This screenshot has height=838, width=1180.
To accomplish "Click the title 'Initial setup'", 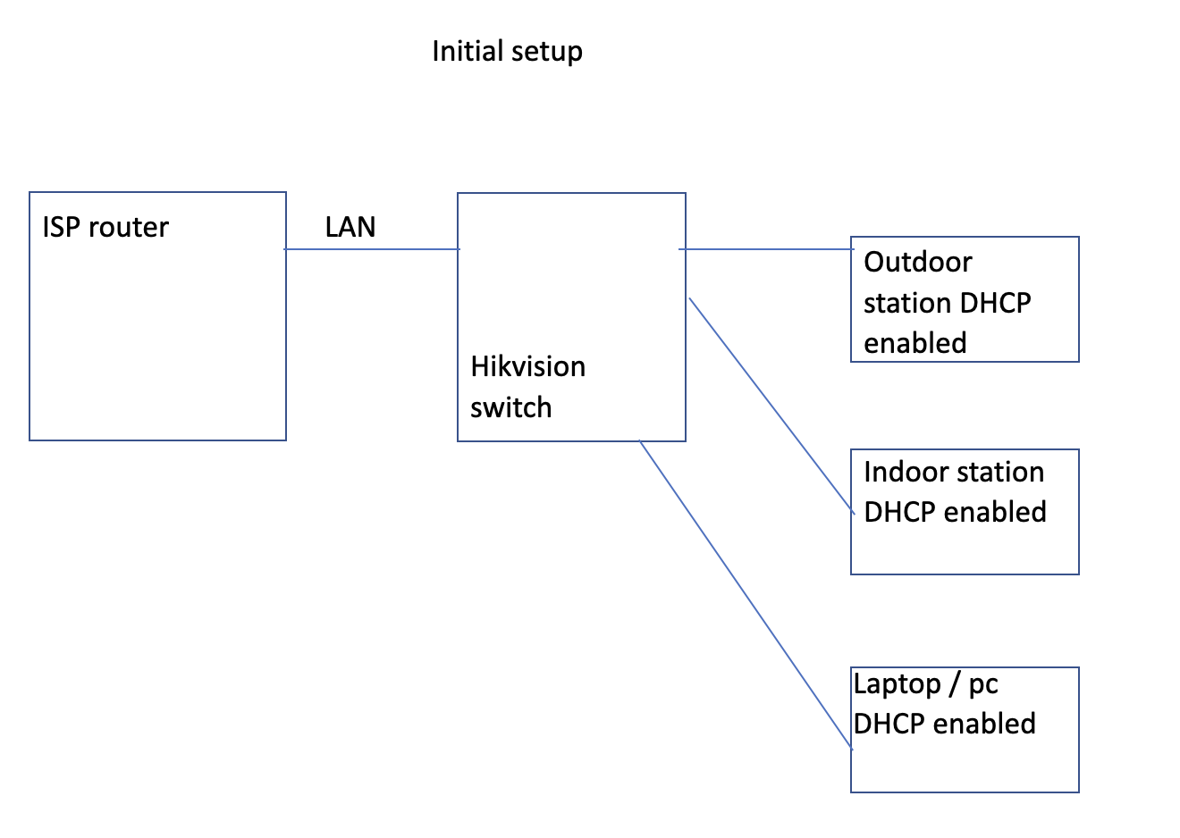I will point(507,52).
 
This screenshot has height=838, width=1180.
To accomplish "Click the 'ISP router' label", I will point(105,228).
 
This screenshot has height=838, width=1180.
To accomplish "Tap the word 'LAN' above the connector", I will point(350,228).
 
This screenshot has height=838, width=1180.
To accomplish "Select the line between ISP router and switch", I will point(372,249).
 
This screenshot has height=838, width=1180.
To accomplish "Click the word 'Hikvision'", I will point(527,367).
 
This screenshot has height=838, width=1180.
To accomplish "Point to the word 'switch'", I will point(510,408).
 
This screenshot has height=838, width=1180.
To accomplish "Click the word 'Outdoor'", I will point(917,263).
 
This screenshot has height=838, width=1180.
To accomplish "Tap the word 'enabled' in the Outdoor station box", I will point(914,344).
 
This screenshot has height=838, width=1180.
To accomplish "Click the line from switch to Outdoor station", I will point(767,249).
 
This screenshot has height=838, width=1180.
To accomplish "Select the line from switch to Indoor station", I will point(771,404).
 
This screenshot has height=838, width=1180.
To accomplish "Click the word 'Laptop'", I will point(897,685).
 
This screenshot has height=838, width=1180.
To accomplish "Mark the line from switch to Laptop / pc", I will point(746,594).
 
